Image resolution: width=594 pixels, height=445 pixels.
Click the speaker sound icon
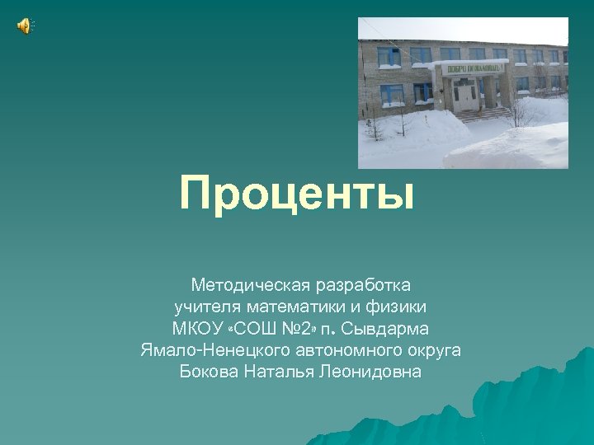[24, 26]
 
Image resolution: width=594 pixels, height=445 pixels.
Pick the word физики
[398, 307]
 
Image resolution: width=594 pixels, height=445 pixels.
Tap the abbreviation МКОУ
[196, 330]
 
